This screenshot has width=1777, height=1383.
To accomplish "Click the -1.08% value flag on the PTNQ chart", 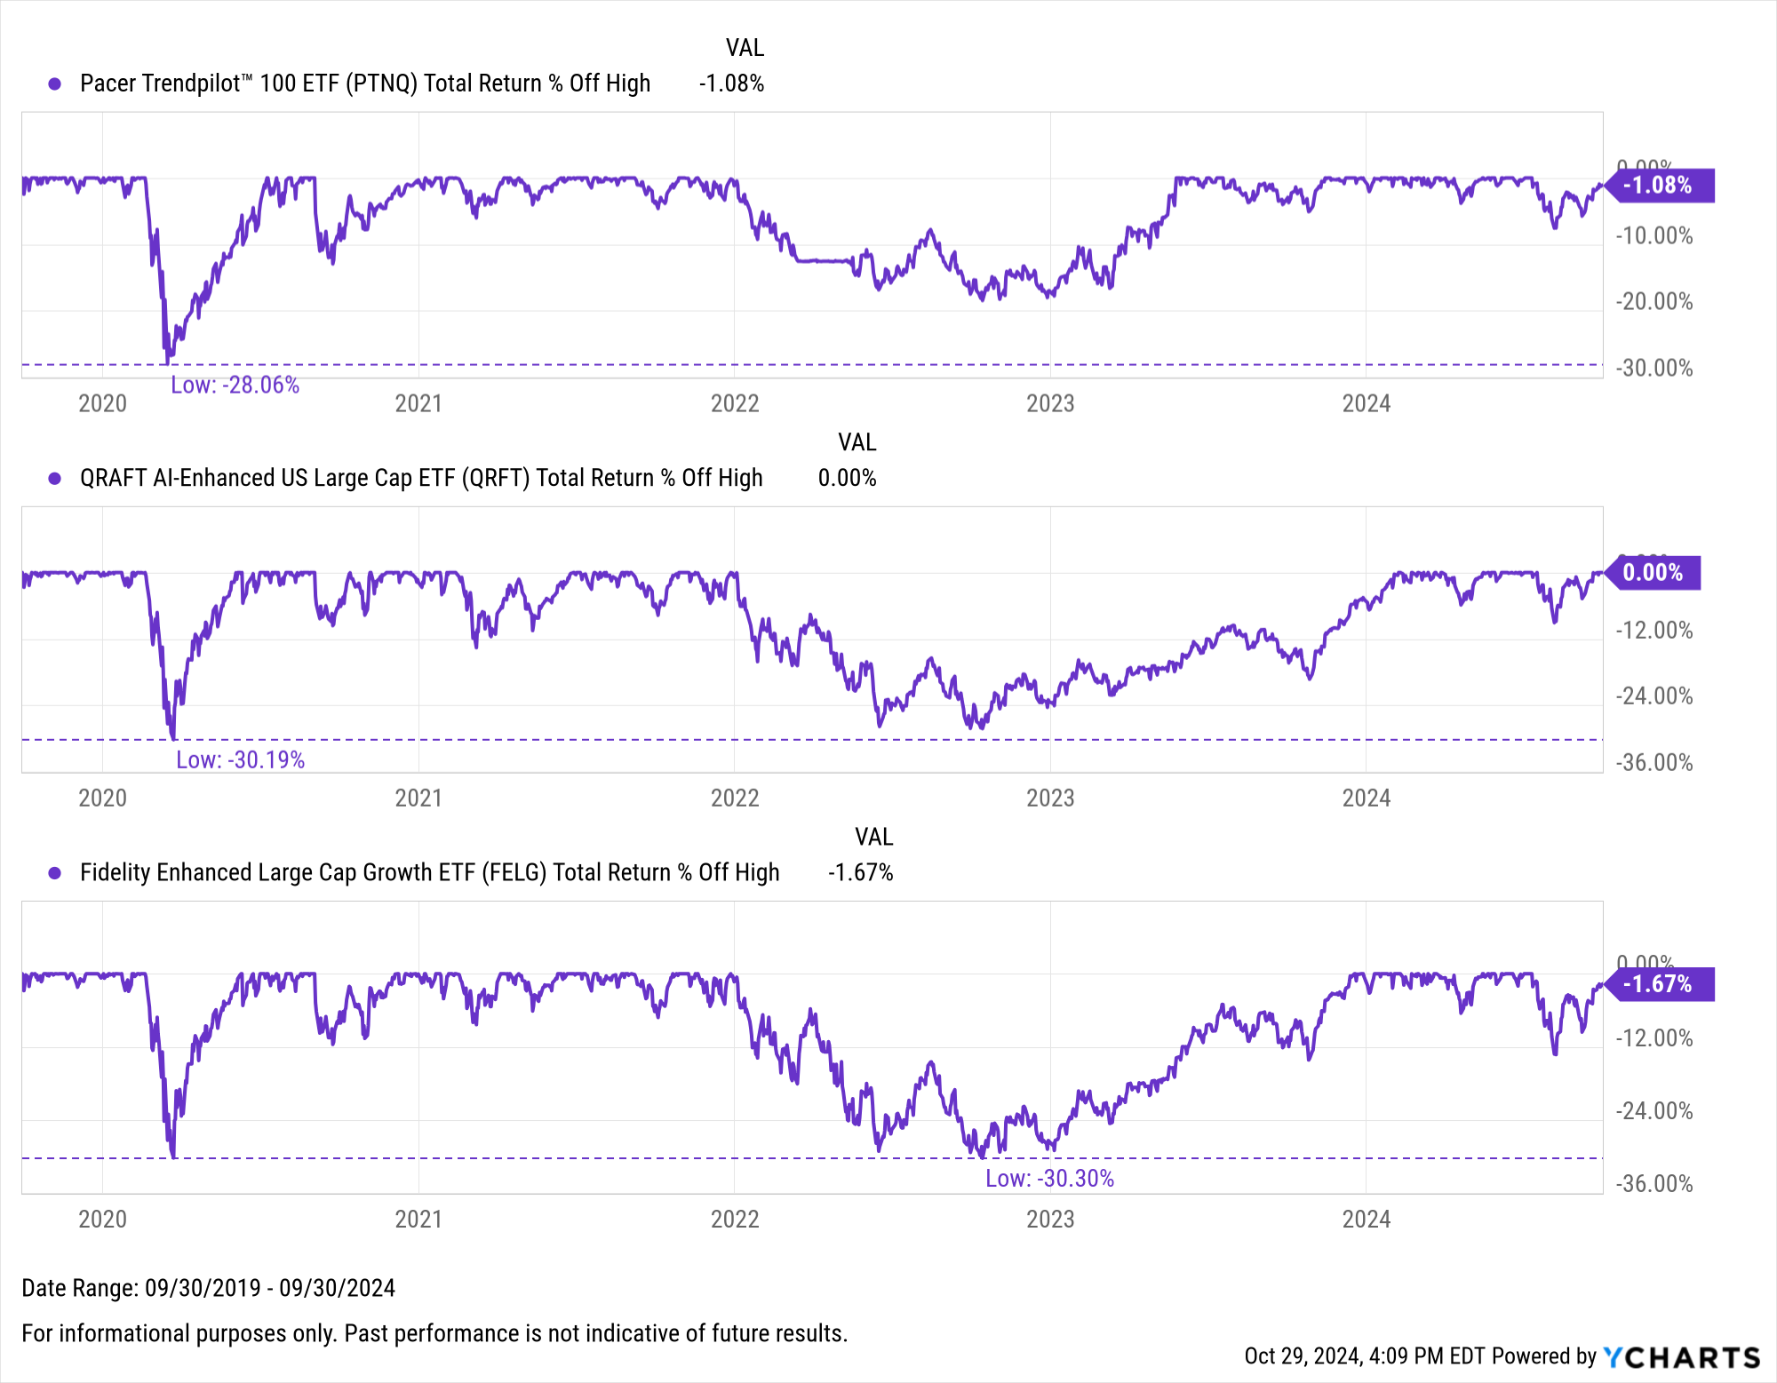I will [x=1658, y=186].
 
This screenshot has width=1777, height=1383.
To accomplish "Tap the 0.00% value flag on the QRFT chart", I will [x=1653, y=573].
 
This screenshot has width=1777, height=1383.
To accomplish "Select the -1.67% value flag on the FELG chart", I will [x=1658, y=984].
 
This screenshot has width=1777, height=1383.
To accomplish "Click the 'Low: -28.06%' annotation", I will [x=235, y=385].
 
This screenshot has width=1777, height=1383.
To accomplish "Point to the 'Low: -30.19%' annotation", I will [x=240, y=760].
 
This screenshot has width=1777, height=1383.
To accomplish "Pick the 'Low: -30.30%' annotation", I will [x=1049, y=1179].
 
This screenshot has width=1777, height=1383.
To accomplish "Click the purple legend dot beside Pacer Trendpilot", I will [x=55, y=83].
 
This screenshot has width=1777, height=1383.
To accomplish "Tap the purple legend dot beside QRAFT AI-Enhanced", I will [x=55, y=479].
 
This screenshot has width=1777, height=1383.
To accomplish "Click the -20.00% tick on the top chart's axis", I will [x=1653, y=302].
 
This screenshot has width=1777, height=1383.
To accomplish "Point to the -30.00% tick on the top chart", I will [x=1653, y=369].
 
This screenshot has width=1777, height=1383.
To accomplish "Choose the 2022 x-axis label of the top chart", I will [x=735, y=404].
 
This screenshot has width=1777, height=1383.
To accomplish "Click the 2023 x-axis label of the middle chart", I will [x=1050, y=799].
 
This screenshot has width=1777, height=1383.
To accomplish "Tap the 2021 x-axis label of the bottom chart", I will [x=418, y=1220].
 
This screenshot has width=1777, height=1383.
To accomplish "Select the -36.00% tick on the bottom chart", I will [x=1653, y=1184].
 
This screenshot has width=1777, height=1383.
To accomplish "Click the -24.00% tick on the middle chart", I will [x=1653, y=696].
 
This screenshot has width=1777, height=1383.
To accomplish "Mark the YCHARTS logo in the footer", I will [x=1682, y=1357].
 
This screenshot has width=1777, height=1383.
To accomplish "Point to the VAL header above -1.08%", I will [x=745, y=48].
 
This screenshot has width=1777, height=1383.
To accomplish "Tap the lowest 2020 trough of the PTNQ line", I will [x=168, y=362].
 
